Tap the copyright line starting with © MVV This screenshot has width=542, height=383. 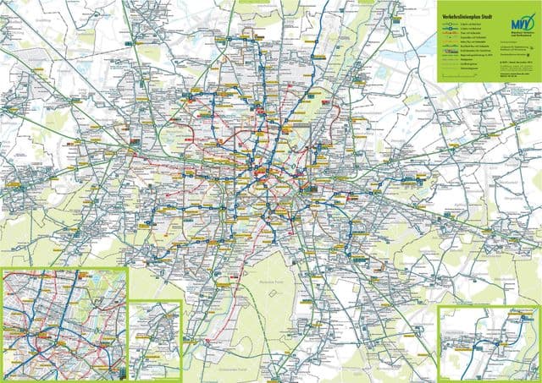tap(515, 61)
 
